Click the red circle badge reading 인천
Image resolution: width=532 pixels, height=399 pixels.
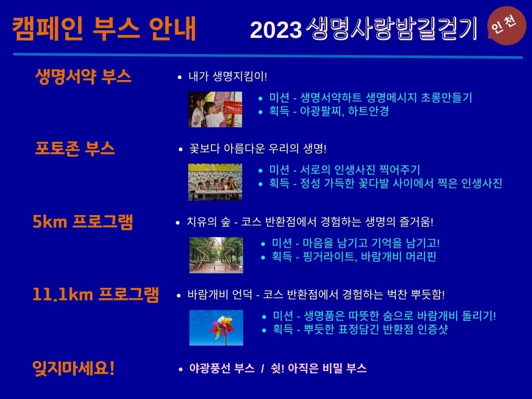coord(506,26)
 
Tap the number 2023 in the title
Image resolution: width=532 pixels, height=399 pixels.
coord(275,30)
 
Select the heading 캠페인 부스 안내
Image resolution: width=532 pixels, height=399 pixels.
coord(104,29)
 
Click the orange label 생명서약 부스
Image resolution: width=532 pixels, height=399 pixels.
coord(83,76)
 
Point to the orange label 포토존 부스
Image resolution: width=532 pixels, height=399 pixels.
coord(75,149)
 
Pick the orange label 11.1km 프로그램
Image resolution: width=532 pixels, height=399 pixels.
coord(96,294)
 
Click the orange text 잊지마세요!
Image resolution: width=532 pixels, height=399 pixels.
coord(73,368)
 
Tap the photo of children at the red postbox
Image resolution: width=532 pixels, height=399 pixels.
coord(215,109)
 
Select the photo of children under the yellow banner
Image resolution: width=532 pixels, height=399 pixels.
coord(215,182)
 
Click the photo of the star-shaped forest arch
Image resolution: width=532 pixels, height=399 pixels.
coord(216,255)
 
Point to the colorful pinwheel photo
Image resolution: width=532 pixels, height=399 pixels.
coord(216,328)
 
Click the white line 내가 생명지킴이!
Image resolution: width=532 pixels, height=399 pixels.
coord(228,76)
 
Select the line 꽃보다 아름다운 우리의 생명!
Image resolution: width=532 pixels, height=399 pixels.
coord(258,149)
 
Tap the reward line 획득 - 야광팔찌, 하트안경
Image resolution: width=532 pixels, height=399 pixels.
coord(329,111)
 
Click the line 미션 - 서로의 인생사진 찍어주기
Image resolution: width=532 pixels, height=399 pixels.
coord(344,170)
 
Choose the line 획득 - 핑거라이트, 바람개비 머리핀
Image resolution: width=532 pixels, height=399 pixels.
coord(354,257)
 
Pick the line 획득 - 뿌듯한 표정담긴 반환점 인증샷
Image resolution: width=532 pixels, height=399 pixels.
coord(361,329)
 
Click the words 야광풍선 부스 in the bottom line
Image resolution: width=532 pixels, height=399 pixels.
coord(222,368)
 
